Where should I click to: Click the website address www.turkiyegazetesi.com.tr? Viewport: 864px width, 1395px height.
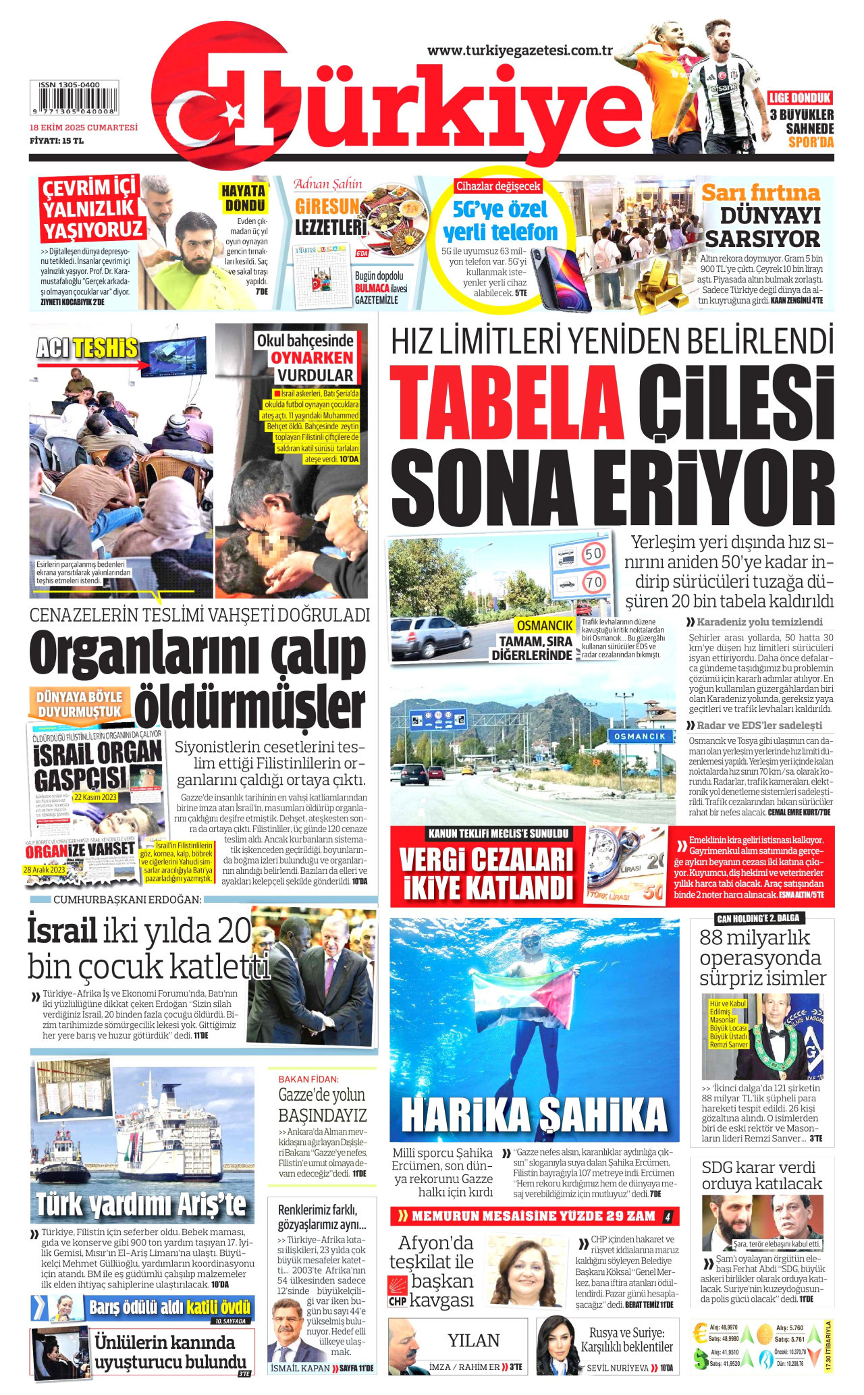coord(520,51)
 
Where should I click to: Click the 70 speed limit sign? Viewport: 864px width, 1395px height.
coord(593,581)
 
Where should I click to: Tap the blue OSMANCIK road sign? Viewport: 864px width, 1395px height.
coord(641,736)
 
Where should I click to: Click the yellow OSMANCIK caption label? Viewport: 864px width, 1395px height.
coord(545,626)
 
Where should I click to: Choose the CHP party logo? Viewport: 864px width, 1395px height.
coord(397,1291)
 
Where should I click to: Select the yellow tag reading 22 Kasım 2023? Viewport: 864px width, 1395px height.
coord(95,797)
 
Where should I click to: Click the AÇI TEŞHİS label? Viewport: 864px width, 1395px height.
coord(87,348)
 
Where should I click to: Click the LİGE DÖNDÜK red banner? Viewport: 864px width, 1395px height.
coord(800,97)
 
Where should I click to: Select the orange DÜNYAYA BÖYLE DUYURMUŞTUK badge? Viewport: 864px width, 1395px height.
coord(79,703)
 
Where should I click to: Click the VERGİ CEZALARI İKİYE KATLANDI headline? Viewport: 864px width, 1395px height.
coord(486,874)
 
